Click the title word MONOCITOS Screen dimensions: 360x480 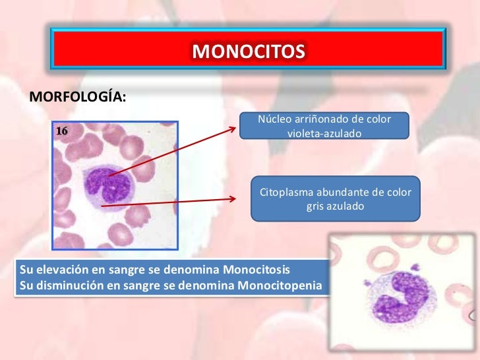pyautogui.click(x=249, y=51)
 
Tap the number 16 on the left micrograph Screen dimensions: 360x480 pyautogui.click(x=61, y=131)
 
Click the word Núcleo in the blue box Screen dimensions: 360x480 pyautogui.click(x=276, y=119)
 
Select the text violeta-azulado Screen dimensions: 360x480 pyautogui.click(x=324, y=133)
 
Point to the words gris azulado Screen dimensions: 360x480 pyautogui.click(x=335, y=206)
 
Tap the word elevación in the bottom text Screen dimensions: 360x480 pyautogui.click(x=57, y=271)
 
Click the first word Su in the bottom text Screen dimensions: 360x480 pyautogui.click(x=27, y=271)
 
